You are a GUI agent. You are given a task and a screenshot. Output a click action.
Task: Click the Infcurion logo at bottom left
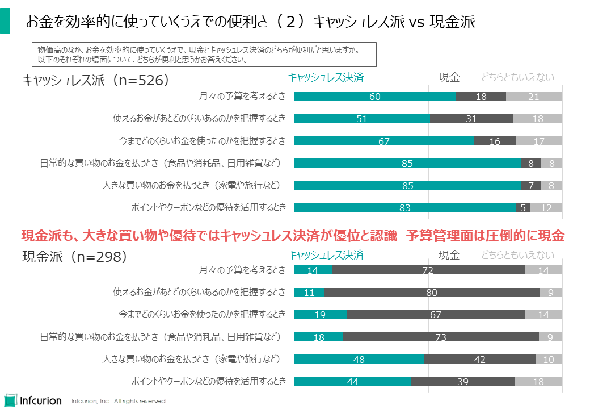point(33,399)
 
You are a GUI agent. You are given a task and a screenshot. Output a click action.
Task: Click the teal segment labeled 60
point(375,97)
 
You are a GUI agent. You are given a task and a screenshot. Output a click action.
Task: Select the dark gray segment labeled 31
point(471,119)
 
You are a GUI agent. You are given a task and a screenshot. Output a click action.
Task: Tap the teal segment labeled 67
point(384,141)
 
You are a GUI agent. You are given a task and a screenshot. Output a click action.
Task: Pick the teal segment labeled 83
point(405,208)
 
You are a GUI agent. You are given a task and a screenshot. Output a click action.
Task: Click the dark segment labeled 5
point(523,208)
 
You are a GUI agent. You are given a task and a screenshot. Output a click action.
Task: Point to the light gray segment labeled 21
point(534,97)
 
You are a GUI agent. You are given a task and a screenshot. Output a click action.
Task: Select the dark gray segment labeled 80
point(432,293)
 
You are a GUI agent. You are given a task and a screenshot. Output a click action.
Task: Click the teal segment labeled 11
point(309,293)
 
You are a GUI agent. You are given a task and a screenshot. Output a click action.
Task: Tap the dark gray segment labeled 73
point(441,337)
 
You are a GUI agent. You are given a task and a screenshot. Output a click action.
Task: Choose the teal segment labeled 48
point(359,359)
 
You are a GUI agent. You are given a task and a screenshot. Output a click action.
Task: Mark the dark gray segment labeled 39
point(463,381)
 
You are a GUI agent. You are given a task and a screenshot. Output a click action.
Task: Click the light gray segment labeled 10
point(549,359)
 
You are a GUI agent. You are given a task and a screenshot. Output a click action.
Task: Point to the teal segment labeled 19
point(321,315)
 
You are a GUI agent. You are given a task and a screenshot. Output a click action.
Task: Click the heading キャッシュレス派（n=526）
point(96,80)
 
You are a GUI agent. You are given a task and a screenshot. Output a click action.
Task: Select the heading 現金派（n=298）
point(74,257)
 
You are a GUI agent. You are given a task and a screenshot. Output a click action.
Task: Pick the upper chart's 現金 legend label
point(449,78)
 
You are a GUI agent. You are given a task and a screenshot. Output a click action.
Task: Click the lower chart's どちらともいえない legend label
point(517,255)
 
